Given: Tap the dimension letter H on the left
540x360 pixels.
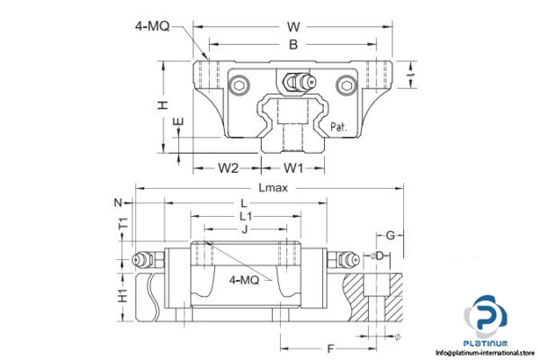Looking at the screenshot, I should (x=162, y=105).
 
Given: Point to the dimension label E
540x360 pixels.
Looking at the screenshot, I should (x=178, y=122).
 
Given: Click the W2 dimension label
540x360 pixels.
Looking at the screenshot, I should (x=229, y=167).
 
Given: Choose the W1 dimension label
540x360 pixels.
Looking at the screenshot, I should (x=293, y=167).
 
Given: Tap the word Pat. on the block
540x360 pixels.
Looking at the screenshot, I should (x=340, y=127).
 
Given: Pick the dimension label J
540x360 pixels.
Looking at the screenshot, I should (x=245, y=229).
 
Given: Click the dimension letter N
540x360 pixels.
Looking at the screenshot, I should (x=117, y=202).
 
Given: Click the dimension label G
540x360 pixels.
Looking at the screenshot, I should (x=391, y=235).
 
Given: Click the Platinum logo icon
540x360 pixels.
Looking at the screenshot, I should (x=485, y=319).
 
